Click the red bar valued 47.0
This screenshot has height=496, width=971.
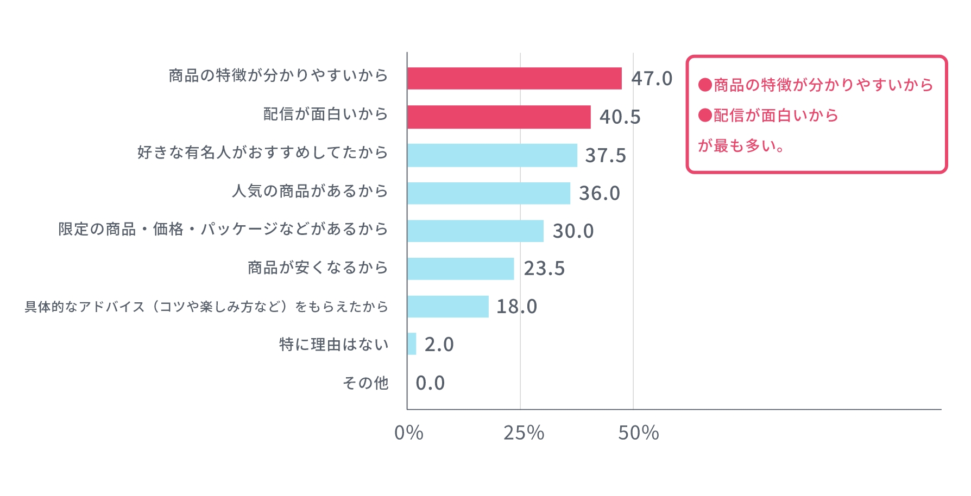pyautogui.click(x=514, y=79)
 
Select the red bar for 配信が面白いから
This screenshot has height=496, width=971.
pyautogui.click(x=499, y=117)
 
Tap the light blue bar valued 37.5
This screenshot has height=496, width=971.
pyautogui.click(x=492, y=155)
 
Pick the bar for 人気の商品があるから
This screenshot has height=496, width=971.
pyautogui.click(x=489, y=193)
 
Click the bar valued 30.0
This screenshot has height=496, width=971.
pyautogui.click(x=475, y=231)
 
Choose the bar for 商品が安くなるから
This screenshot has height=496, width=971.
pyautogui.click(x=461, y=269)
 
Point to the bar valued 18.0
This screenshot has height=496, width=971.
pyautogui.click(x=447, y=307)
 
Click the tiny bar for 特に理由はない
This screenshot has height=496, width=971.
pyautogui.click(x=412, y=344)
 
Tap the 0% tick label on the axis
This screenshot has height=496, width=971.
pyautogui.click(x=408, y=433)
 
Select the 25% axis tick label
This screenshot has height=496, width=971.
pyautogui.click(x=524, y=433)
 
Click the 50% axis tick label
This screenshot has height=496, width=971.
pyautogui.click(x=638, y=433)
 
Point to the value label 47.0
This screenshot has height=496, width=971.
pyautogui.click(x=652, y=79)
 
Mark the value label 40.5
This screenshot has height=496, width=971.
pyautogui.click(x=620, y=117)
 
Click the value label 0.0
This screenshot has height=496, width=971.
pyautogui.click(x=430, y=383)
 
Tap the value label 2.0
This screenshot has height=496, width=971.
pyautogui.click(x=439, y=345)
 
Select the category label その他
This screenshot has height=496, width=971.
pyautogui.click(x=365, y=383)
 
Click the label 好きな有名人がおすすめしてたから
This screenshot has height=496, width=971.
pyautogui.click(x=262, y=152)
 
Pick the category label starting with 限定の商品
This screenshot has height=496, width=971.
pyautogui.click(x=223, y=229)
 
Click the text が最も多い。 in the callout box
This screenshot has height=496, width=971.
pyautogui.click(x=741, y=145)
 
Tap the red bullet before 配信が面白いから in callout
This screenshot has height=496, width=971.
pyautogui.click(x=705, y=115)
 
